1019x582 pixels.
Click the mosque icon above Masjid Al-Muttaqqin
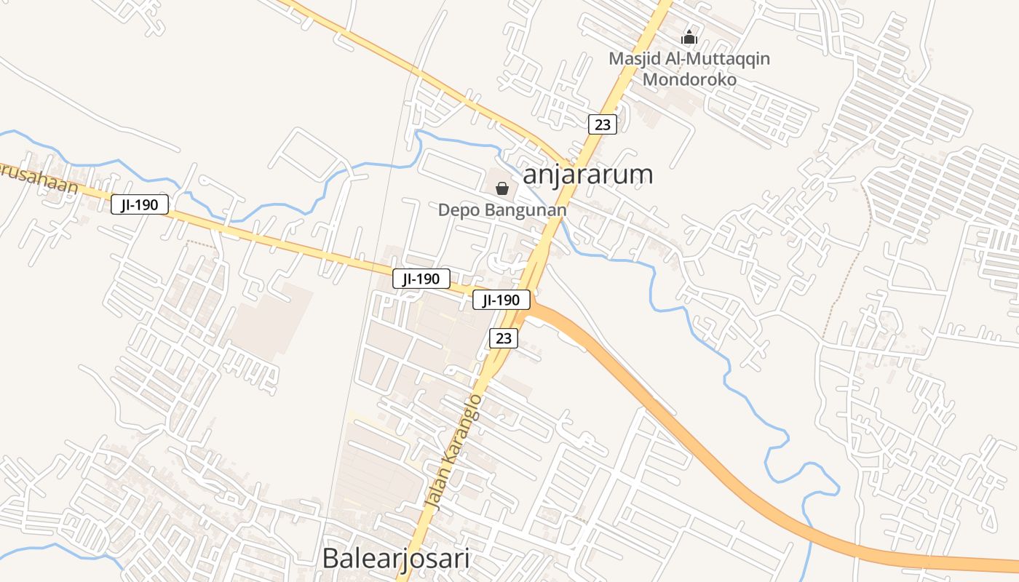689,36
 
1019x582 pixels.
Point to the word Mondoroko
689,79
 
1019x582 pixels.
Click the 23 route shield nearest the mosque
603,124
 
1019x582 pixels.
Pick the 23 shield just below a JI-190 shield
504,338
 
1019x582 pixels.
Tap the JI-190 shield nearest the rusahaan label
140,205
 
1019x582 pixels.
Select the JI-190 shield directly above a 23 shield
501,300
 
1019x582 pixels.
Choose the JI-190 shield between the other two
421,279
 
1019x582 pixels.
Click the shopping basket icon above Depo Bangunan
502,189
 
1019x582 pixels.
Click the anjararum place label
587,175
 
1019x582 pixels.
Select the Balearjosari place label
395,559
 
